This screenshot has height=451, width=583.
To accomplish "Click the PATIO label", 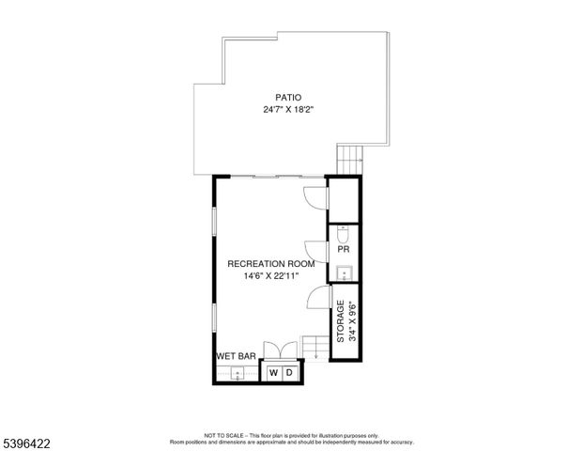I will tap(288, 97).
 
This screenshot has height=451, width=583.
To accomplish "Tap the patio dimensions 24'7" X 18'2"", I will tap(288, 110).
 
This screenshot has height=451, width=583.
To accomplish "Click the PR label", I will tap(344, 251).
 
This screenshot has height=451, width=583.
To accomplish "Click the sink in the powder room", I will tap(343, 273).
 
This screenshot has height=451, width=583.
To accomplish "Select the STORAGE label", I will tap(341, 320).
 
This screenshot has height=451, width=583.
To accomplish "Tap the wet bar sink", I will tap(238, 374).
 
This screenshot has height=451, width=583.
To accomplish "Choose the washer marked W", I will tap(273, 373).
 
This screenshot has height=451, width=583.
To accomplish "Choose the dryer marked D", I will tap(290, 373).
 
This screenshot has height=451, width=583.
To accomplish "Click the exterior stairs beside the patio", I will tap(349, 158).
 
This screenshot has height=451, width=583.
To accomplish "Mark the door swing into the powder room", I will tap(317, 248).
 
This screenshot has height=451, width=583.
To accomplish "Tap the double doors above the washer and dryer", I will tap(282, 350).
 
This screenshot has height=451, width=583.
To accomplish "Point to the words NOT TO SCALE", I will tap(224, 436).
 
